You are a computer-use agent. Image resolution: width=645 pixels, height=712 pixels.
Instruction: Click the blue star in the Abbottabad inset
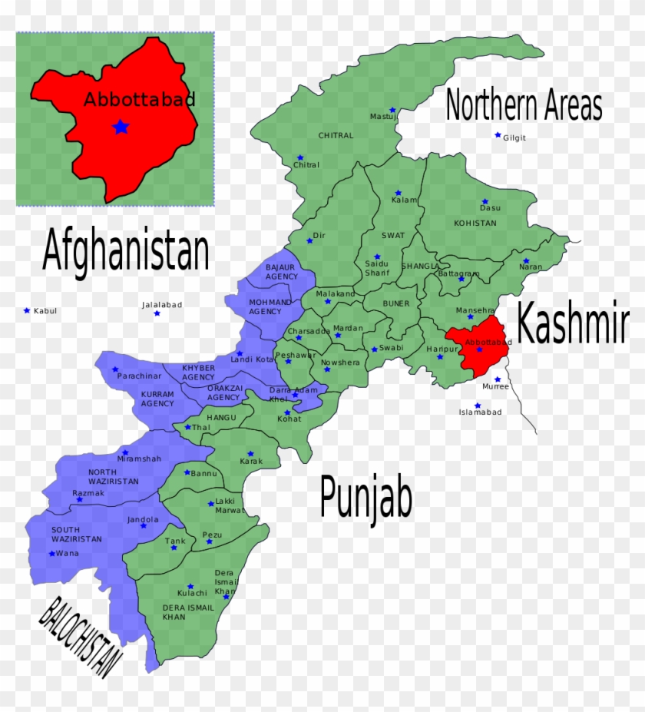pos(121,127)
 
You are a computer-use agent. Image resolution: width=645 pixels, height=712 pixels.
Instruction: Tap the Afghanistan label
pos(126,250)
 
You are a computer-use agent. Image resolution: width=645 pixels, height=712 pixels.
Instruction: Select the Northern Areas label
pos(524,105)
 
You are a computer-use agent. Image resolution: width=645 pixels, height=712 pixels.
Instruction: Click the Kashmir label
pos(572,323)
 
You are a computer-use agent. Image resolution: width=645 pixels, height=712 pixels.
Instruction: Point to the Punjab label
pos(365,498)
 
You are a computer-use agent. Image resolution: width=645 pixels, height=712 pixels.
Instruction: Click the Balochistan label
pos(81,637)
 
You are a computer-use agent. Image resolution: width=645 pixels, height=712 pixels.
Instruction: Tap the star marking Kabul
pos(27,310)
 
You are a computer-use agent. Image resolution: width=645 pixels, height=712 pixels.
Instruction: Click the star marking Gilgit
pos(498,135)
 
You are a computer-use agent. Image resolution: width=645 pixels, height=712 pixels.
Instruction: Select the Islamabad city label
pos(480,412)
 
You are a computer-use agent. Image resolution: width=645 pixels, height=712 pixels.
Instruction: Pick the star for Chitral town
pos(299,157)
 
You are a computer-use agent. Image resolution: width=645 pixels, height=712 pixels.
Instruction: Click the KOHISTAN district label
pos(475,223)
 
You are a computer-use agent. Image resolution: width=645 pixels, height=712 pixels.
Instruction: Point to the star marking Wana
pos(52,553)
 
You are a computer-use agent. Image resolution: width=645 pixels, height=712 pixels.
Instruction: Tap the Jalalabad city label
pos(162,305)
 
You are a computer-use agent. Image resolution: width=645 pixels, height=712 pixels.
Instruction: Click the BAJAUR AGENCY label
pos(281,272)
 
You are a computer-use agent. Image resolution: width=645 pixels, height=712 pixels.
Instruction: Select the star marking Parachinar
pos(115,369)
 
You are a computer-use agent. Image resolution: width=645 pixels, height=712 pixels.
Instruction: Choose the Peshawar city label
pos(295,355)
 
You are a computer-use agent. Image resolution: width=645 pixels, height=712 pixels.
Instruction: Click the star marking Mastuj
pos(392,110)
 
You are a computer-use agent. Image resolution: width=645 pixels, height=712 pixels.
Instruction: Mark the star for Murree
pos(498,379)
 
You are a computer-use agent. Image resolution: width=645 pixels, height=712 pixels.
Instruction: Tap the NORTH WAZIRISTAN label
pos(114,476)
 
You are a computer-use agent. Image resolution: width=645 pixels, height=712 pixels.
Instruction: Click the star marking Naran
pos(526,261)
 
